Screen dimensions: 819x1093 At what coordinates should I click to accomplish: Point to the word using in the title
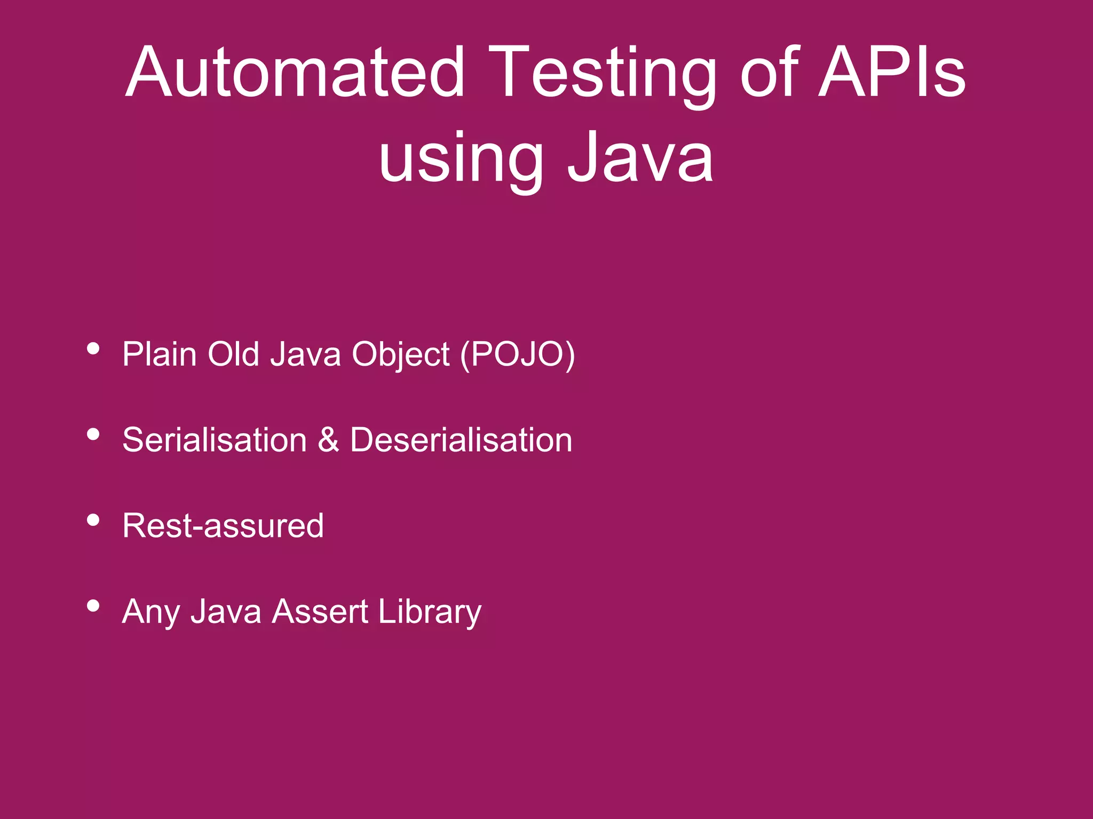tap(461, 160)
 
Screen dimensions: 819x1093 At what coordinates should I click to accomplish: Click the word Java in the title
tap(640, 157)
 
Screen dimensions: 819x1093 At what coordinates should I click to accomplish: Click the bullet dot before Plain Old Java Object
tap(93, 349)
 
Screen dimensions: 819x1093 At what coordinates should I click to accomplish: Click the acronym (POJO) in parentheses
tap(517, 355)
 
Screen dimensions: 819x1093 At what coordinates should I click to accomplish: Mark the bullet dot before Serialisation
tap(93, 435)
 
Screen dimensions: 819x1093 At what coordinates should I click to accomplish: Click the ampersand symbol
tap(328, 440)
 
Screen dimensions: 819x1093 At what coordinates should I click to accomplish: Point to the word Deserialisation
tap(461, 440)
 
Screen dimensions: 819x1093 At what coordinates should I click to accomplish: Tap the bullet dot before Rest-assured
tap(93, 520)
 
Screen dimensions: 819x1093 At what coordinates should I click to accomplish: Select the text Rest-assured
tap(223, 526)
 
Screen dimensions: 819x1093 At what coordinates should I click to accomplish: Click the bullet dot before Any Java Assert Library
tap(93, 606)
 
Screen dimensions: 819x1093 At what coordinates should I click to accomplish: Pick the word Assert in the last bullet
tap(320, 611)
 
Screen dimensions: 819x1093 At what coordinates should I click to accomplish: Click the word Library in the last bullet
tap(430, 612)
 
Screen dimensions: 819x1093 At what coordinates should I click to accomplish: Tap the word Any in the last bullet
tap(151, 612)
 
